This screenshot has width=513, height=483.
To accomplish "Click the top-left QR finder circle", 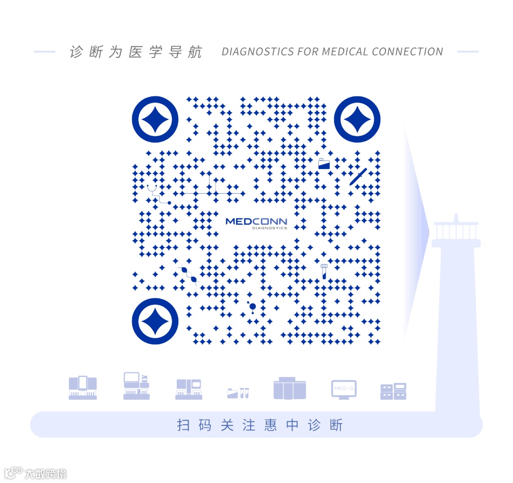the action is click(x=155, y=119).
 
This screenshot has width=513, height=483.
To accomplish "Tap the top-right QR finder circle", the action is click(x=357, y=119).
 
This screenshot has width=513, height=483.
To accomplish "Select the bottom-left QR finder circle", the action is click(x=155, y=321).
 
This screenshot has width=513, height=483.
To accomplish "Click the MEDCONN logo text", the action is click(x=256, y=221).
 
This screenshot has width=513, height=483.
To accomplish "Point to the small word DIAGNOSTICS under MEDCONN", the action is click(x=270, y=228).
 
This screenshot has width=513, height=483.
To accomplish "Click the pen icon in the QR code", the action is click(x=358, y=177).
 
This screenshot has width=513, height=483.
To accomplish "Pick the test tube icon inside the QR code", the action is click(x=324, y=271).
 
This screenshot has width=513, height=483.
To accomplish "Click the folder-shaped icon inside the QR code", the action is click(x=324, y=164).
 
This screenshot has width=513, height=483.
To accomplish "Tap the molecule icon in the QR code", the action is click(x=252, y=307).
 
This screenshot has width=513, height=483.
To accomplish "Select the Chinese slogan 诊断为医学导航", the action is click(x=136, y=52).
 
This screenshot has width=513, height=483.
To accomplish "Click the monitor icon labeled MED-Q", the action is click(x=344, y=389).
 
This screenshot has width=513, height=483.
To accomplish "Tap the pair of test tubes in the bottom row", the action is click(x=244, y=393).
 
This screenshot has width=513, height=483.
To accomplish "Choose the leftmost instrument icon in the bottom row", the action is click(x=83, y=388).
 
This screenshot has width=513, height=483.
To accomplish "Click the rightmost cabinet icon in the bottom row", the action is click(x=393, y=391).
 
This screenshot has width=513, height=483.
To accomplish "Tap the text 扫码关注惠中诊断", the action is click(x=260, y=425).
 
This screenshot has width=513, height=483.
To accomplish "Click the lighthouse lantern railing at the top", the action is click(x=456, y=231).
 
